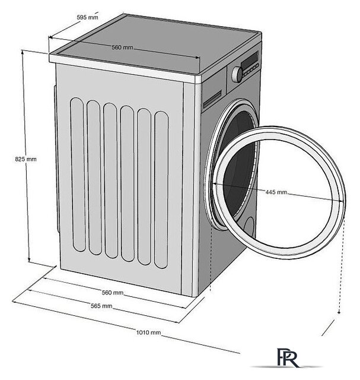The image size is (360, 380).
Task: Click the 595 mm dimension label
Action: pyautogui.click(x=87, y=17)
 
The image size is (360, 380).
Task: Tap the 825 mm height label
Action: pyautogui.click(x=26, y=159)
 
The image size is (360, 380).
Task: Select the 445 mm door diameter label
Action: pyautogui.click(x=276, y=192)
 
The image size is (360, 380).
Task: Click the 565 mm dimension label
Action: pyautogui.click(x=102, y=306)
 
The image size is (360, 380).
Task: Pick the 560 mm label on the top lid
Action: pyautogui.click(x=122, y=47)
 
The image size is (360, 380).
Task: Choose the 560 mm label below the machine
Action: pyautogui.click(x=112, y=293)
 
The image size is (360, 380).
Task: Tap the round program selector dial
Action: pyautogui.click(x=237, y=74)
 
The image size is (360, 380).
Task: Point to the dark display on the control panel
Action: pyautogui.click(x=250, y=62)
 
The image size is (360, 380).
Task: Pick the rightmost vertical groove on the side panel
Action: pyautogui.click(x=161, y=190)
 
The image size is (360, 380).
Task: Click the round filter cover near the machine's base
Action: pyautogui.click(x=249, y=229)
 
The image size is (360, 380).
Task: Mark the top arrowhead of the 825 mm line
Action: pyautogui.click(x=23, y=52)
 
